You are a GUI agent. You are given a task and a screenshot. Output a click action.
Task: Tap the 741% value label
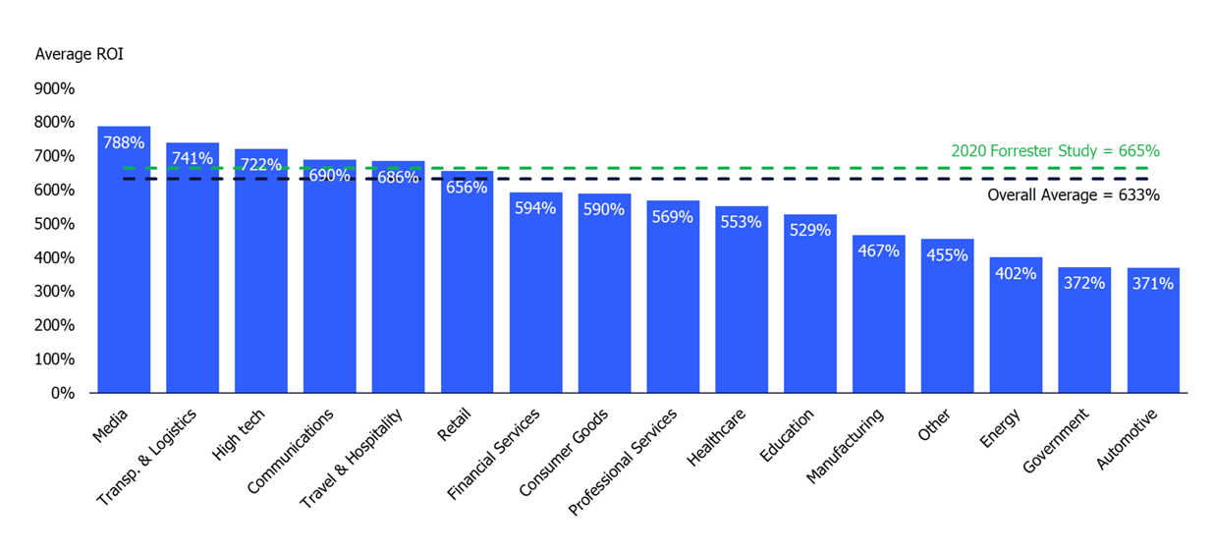point(193,158)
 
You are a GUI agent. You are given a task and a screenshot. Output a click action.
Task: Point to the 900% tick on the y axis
point(55,88)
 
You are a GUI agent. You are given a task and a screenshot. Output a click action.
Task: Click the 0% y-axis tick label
point(62,393)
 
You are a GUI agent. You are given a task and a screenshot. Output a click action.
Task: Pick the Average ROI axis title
point(79,54)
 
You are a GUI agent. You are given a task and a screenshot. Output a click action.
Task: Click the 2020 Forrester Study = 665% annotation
point(1055,151)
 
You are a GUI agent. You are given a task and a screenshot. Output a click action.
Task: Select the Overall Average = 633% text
point(1073,194)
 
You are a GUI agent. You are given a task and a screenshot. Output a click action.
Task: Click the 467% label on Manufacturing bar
point(878,250)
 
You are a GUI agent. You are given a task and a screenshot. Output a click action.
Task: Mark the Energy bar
point(1016,334)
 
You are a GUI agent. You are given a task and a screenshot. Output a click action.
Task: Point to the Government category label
point(1056,442)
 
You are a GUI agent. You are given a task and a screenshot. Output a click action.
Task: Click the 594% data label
point(535,208)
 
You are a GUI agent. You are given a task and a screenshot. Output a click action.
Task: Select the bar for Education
point(809,314)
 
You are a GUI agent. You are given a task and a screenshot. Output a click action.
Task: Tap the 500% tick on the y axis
point(55,224)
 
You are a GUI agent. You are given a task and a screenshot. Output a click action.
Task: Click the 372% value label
point(1084,283)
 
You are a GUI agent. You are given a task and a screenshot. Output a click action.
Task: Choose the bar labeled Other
point(947,324)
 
